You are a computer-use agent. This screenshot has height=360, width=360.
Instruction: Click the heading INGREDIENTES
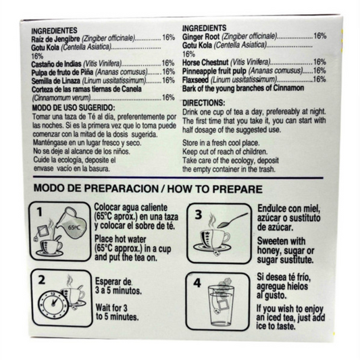[x=54, y=30]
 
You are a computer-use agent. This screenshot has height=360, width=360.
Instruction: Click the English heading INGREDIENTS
[x=205, y=28]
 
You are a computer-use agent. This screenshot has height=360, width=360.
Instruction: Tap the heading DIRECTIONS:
[x=204, y=103]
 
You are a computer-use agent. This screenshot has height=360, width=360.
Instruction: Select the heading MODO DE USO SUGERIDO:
[x=74, y=107]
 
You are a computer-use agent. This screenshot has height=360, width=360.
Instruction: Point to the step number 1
[x=40, y=212]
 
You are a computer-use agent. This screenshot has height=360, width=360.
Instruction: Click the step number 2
[x=42, y=280]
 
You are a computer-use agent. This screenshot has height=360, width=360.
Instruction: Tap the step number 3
[x=199, y=214]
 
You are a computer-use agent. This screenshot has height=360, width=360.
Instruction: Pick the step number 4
[x=197, y=283]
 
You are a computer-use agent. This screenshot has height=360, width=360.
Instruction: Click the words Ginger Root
[x=201, y=36]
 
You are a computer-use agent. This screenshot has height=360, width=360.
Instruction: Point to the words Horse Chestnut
[x=205, y=62]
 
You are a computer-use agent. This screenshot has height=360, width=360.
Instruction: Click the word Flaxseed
[x=195, y=80]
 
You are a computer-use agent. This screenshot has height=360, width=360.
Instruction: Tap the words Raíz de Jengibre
[x=56, y=38]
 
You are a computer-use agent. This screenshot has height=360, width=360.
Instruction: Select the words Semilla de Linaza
[x=56, y=81]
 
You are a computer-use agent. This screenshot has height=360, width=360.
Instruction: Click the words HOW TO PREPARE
[x=215, y=189]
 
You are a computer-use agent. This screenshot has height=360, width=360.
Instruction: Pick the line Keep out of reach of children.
[x=225, y=152]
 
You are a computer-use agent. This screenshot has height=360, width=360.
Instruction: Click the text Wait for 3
[x=111, y=307]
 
